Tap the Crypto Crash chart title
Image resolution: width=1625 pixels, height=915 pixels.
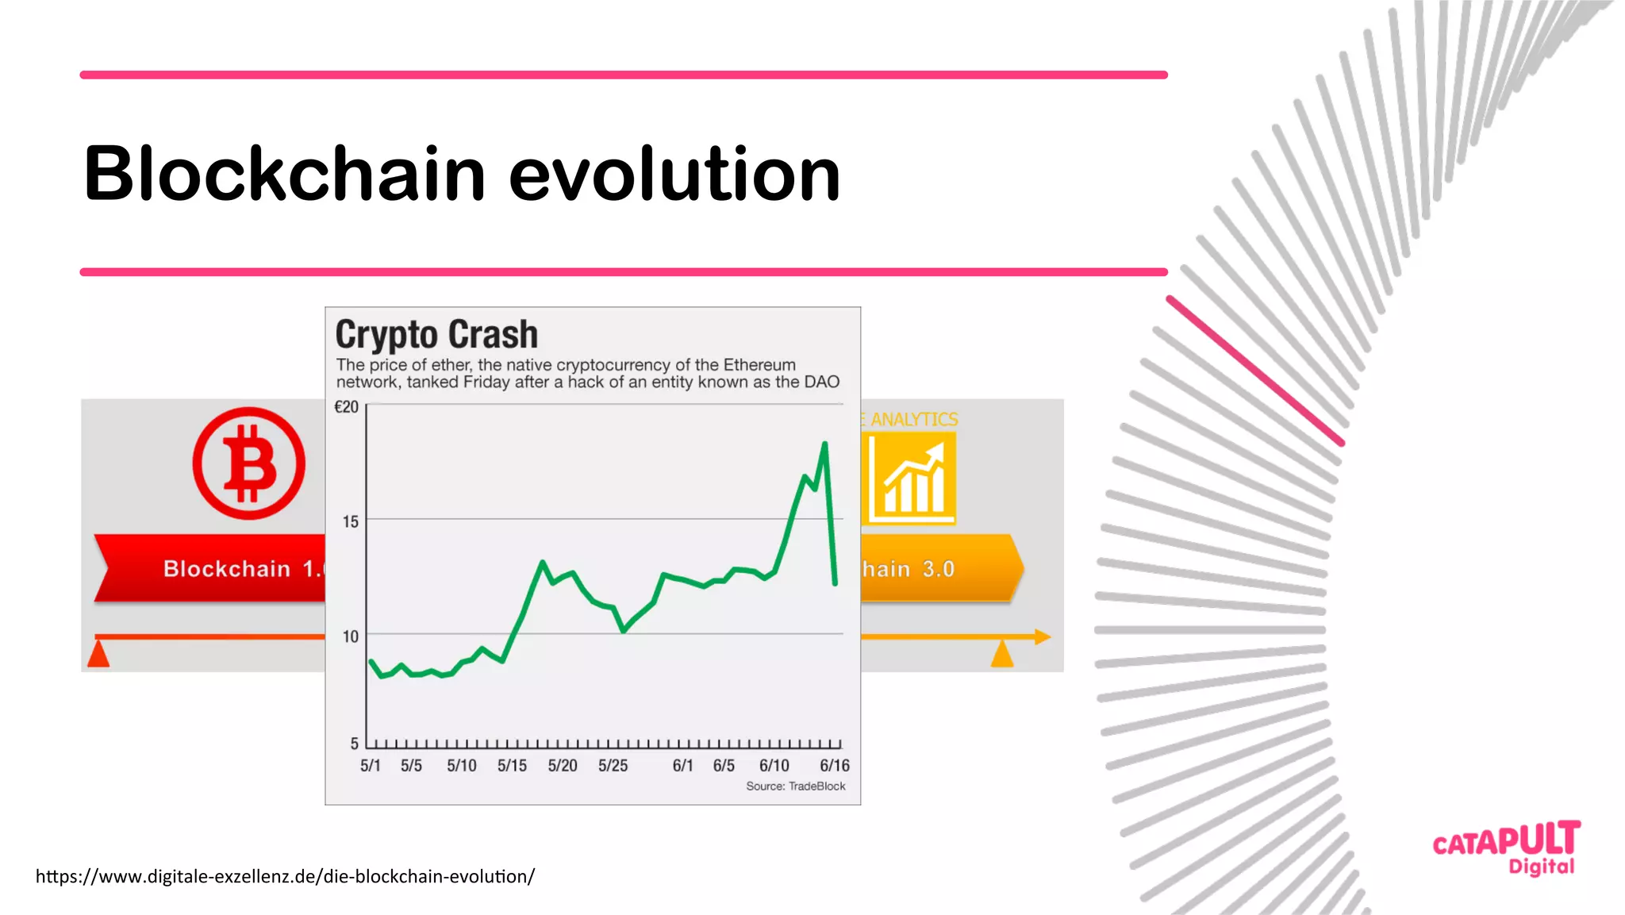pyautogui.click(x=436, y=334)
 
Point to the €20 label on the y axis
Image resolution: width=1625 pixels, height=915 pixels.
pyautogui.click(x=347, y=407)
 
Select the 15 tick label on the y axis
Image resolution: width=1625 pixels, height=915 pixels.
pyautogui.click(x=350, y=521)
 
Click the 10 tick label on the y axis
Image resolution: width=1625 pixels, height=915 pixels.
pyautogui.click(x=350, y=636)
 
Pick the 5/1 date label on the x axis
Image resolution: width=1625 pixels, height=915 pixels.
pyautogui.click(x=370, y=766)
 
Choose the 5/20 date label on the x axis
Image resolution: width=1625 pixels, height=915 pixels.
pyautogui.click(x=563, y=766)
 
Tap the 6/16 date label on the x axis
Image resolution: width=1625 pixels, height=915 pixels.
pyautogui.click(x=834, y=766)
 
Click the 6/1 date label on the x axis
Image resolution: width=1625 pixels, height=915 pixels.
pyautogui.click(x=682, y=766)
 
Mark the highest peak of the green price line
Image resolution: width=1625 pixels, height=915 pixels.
pyautogui.click(x=825, y=444)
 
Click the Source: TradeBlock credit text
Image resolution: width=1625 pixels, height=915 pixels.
pyautogui.click(x=795, y=786)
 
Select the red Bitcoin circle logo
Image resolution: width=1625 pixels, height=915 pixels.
pyautogui.click(x=248, y=463)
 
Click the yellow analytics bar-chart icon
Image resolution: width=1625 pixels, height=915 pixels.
pyautogui.click(x=912, y=479)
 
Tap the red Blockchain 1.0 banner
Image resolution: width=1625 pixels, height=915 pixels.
pyautogui.click(x=214, y=568)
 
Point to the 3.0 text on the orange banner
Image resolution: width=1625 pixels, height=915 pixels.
pyautogui.click(x=938, y=569)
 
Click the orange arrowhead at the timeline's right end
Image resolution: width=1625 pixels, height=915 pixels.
pyautogui.click(x=1043, y=636)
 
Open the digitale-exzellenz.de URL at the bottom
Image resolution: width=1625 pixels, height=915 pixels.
pyautogui.click(x=285, y=876)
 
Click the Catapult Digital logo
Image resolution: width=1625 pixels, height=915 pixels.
pyautogui.click(x=1506, y=848)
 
